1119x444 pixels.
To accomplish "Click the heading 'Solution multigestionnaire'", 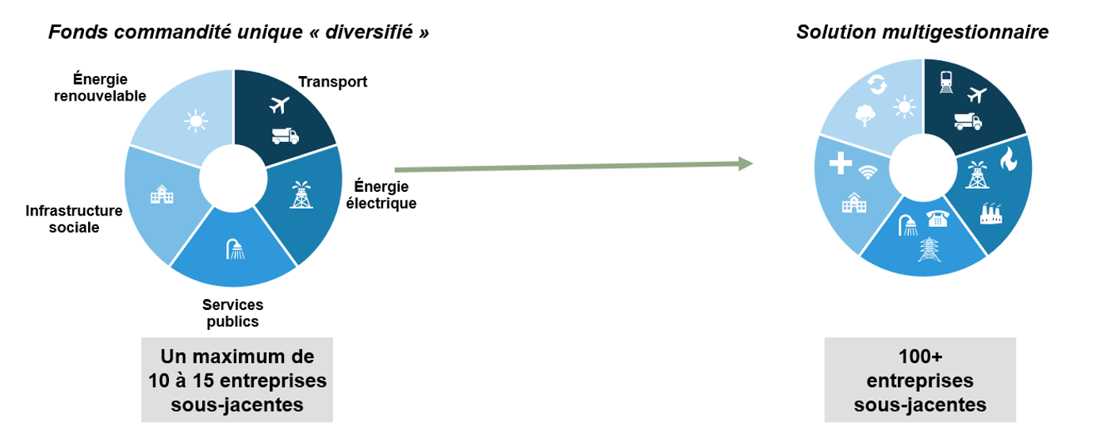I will tap(922, 32).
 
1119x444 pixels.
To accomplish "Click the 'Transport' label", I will tap(332, 82).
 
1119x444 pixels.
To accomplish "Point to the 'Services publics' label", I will tap(232, 312).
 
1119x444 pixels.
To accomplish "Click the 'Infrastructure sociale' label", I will tap(74, 219).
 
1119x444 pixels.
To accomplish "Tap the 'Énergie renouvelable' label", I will tap(100, 87).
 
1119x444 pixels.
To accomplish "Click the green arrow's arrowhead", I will tap(745, 163).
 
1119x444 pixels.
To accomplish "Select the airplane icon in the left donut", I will tap(280, 105).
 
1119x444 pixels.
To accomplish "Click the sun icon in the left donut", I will tap(195, 121).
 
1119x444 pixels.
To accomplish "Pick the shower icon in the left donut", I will tap(234, 249).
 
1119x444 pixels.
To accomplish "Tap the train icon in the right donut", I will tap(946, 81).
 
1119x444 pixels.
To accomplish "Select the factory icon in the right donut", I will tap(991, 212).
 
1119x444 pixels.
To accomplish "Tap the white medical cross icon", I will tap(839, 164).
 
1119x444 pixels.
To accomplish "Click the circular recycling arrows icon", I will tap(877, 82).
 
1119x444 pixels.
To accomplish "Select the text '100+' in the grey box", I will tap(920, 356).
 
